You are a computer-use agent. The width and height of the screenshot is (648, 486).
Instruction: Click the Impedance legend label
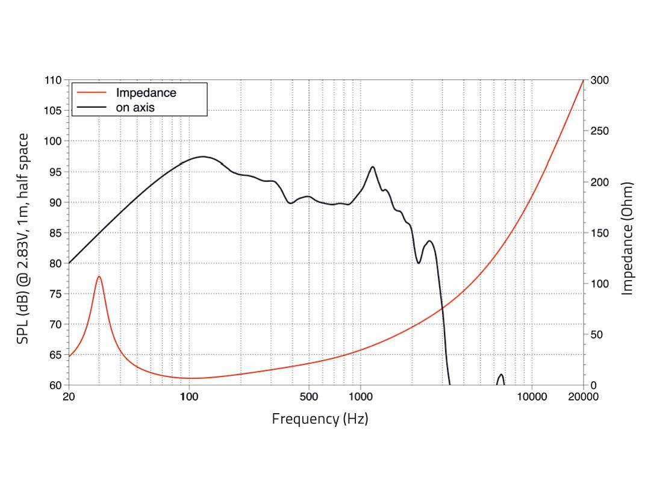tap(146, 93)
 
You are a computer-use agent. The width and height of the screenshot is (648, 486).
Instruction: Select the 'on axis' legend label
tap(135, 108)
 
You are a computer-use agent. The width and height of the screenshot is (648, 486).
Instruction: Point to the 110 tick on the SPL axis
tap(54, 80)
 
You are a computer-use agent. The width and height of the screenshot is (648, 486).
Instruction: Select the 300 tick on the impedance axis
tap(599, 80)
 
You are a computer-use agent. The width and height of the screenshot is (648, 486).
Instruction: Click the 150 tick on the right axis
tap(599, 233)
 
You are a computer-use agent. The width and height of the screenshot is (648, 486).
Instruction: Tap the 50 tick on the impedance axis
tap(597, 335)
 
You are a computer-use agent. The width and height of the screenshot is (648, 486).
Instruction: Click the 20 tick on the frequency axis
tap(69, 396)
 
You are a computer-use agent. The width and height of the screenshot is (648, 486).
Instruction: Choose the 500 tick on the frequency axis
tap(309, 396)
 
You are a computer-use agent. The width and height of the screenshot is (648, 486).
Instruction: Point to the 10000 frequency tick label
tap(532, 396)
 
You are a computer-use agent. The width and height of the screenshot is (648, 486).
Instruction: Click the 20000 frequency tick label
tap(584, 396)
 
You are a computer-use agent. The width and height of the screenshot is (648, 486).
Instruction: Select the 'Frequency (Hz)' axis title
tap(320, 419)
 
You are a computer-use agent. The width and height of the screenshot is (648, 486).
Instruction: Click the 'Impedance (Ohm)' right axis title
tap(628, 238)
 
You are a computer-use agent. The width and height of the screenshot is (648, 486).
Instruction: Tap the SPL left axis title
tap(23, 238)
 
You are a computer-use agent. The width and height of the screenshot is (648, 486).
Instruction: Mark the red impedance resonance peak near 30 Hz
tap(99, 276)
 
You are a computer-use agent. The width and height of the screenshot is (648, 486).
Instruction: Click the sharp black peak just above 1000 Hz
tap(373, 167)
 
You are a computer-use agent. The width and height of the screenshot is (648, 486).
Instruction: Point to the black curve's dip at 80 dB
tap(419, 263)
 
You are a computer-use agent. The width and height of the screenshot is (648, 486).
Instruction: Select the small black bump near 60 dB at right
tap(500, 375)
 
